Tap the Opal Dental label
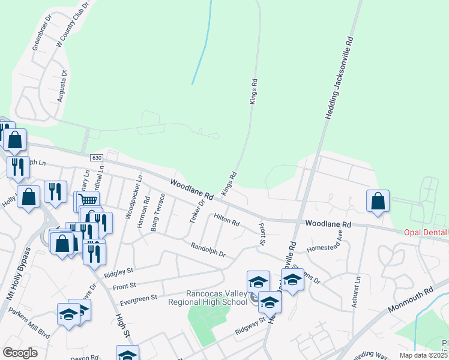pos(425,232)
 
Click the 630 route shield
pos(97,157)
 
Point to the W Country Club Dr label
pos(72,25)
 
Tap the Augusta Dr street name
pos(62,85)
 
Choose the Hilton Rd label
pos(226,219)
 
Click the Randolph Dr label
pos(208,250)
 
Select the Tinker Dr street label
pos(197,211)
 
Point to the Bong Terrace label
pos(158,212)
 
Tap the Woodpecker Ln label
pos(133,197)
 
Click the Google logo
pos(20,353)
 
